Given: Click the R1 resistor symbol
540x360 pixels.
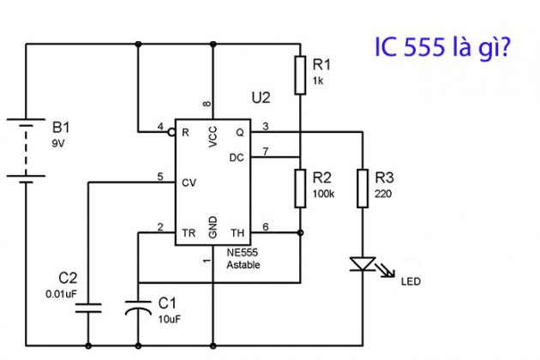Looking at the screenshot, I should (x=300, y=75).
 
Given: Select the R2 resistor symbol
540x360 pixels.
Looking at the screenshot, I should (x=300, y=188).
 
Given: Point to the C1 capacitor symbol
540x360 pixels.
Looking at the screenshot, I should (x=138, y=306).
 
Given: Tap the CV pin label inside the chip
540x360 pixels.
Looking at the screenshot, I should (x=189, y=183).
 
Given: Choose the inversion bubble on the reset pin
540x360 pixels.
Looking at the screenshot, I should (x=171, y=133).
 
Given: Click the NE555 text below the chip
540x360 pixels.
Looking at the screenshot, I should (x=243, y=254).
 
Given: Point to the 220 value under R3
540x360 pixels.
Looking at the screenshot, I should (x=382, y=194).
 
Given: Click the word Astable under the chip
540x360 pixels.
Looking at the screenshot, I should (x=243, y=265).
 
